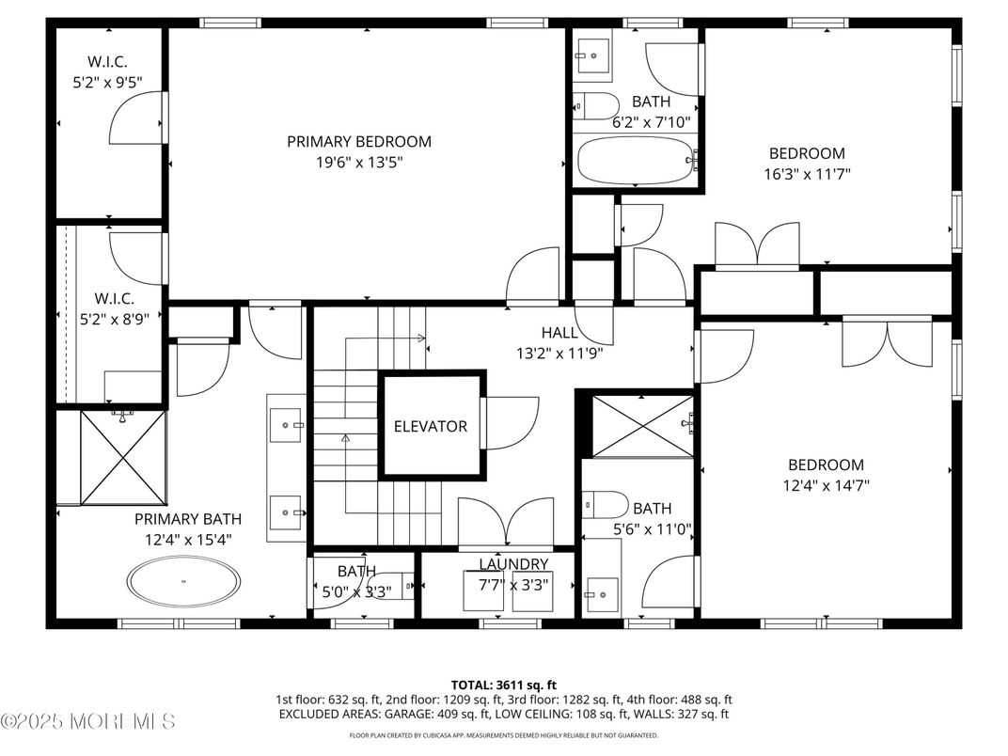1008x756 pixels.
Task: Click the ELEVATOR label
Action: point(431,426)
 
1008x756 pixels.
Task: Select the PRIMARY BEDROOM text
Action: point(359,142)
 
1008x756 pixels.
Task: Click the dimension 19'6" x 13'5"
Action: point(359,162)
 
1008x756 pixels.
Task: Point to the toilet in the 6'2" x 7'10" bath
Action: point(596,105)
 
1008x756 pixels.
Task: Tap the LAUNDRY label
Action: point(513,564)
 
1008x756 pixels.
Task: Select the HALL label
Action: point(559,333)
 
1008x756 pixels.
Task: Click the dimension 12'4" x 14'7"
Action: point(826,485)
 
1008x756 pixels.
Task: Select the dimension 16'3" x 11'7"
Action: point(807,173)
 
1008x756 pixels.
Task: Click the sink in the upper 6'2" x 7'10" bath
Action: point(592,55)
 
